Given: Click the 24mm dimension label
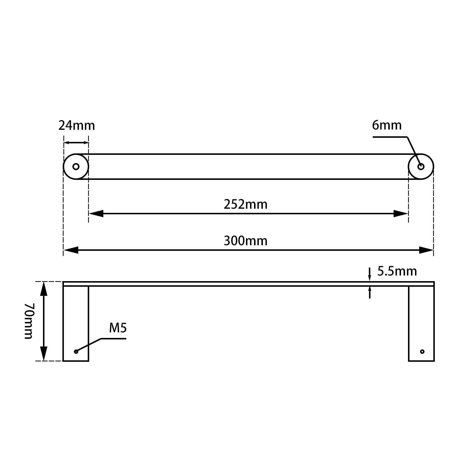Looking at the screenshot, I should pyautogui.click(x=77, y=126).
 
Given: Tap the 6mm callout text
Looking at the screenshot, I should pyautogui.click(x=387, y=125).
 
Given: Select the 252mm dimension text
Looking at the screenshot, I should pyautogui.click(x=246, y=204).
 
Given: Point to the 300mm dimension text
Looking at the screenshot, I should pyautogui.click(x=246, y=241).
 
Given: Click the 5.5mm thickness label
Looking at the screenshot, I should pyautogui.click(x=397, y=271).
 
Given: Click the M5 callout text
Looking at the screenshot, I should pyautogui.click(x=118, y=328).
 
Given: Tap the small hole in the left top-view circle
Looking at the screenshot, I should pyautogui.click(x=76, y=167).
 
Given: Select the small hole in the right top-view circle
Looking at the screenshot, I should pyautogui.click(x=421, y=167).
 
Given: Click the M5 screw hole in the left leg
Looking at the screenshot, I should pyautogui.click(x=76, y=351).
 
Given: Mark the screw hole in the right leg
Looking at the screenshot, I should pyautogui.click(x=422, y=351).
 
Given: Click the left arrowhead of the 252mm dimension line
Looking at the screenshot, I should pyautogui.click(x=96, y=214).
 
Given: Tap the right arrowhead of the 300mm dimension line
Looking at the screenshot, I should pyautogui.click(x=426, y=250).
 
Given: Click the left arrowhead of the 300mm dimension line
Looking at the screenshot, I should pyautogui.click(x=71, y=250).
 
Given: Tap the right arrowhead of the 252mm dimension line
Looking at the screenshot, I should pyautogui.click(x=401, y=214).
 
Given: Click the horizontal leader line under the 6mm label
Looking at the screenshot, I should pyautogui.click(x=390, y=137).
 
